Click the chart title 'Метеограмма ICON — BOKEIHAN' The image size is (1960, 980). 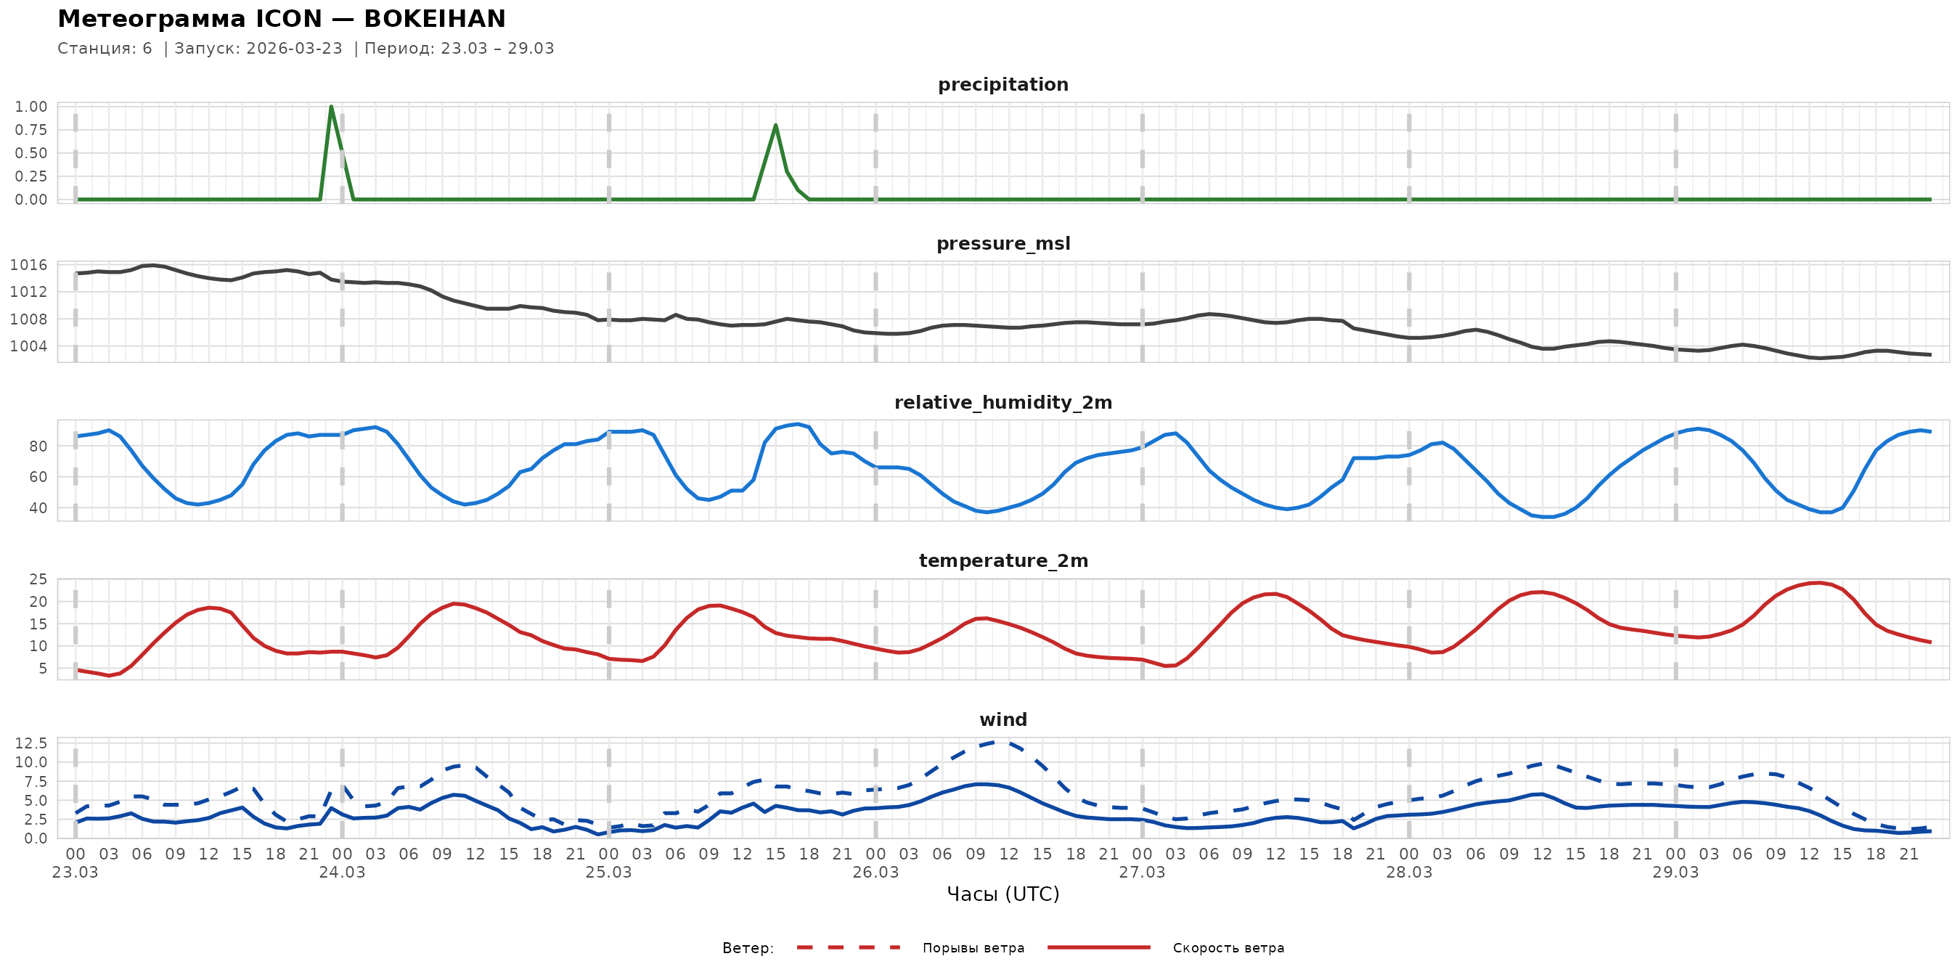(x=282, y=19)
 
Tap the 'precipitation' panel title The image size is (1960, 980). (x=1003, y=84)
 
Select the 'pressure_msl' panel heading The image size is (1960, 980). (x=1003, y=243)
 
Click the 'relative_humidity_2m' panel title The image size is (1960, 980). (x=1003, y=402)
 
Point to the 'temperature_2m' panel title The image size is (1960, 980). (x=1003, y=560)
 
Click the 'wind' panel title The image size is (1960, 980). (x=1003, y=720)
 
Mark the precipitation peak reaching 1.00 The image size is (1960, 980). (x=331, y=107)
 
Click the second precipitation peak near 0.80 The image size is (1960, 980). (x=775, y=126)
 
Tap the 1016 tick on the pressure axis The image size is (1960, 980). (x=28, y=265)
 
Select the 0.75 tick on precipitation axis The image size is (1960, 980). (x=30, y=130)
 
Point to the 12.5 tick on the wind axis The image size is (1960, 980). (x=30, y=743)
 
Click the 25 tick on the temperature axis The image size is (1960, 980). (x=38, y=580)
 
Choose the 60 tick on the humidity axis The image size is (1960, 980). (x=38, y=477)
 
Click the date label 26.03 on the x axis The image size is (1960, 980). (x=875, y=873)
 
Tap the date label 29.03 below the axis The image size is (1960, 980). (x=1675, y=873)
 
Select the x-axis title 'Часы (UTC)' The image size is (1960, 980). (x=1003, y=894)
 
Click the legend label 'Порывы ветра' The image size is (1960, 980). (x=973, y=948)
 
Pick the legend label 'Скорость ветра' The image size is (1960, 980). (x=1228, y=948)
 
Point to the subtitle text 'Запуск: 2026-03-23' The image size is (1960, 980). (x=258, y=49)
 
